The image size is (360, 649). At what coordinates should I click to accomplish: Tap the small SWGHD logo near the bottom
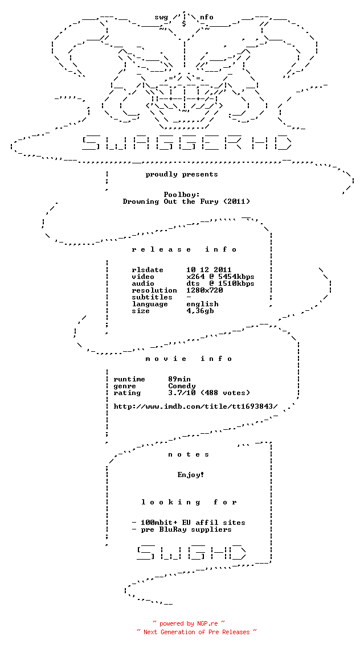click(x=191, y=552)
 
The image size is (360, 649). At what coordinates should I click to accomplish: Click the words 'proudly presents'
click(x=182, y=174)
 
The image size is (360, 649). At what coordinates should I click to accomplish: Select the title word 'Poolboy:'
click(x=182, y=195)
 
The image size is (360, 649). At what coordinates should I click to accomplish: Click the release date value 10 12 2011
click(x=209, y=270)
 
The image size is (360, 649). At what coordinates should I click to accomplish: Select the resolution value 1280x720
click(x=204, y=290)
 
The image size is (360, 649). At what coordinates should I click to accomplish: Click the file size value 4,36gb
click(x=200, y=311)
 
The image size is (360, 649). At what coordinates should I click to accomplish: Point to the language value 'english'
click(x=202, y=304)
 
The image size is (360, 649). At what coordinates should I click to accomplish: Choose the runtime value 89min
click(x=179, y=379)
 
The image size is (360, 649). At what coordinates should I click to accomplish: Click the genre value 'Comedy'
click(x=182, y=386)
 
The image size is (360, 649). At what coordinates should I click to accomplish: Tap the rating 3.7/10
click(x=182, y=393)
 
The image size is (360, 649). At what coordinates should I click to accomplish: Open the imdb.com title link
click(x=195, y=406)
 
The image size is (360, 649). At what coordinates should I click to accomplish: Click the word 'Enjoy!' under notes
click(x=191, y=475)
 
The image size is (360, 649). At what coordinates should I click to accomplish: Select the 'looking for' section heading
click(x=189, y=502)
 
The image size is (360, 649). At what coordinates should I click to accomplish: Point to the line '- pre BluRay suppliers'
click(x=182, y=529)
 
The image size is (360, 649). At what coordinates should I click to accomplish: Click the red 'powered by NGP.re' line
click(x=189, y=623)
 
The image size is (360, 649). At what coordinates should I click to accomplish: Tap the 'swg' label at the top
click(x=161, y=18)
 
